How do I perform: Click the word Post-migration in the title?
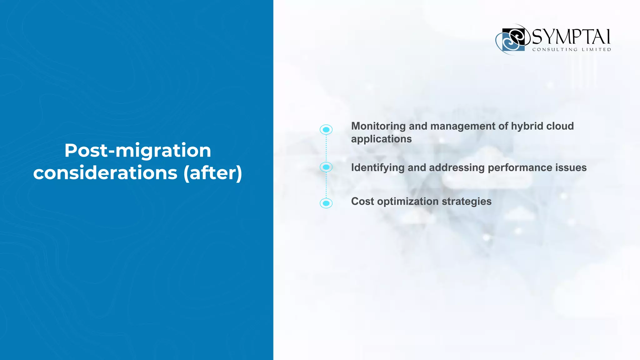click(137, 151)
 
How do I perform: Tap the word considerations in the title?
click(105, 173)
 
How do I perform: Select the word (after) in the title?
click(213, 173)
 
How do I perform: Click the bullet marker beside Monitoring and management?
click(326, 130)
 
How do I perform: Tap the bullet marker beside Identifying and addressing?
click(326, 167)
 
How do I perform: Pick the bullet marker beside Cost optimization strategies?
click(326, 203)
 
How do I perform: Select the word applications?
click(381, 139)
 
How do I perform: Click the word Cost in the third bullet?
click(362, 202)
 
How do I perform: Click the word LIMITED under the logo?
click(596, 50)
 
